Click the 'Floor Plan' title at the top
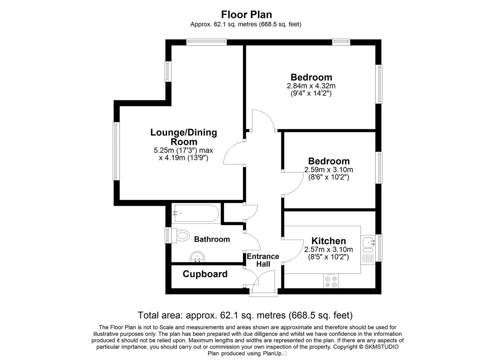[x=247, y=15]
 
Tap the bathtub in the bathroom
[x=196, y=213]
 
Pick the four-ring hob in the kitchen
[x=331, y=281]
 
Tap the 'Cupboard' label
[x=205, y=274]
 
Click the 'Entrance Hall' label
[x=263, y=260]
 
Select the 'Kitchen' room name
[x=328, y=241]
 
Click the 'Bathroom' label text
[x=212, y=239]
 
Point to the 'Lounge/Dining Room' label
[x=184, y=137]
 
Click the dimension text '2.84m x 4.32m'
[x=311, y=86]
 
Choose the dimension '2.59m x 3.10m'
[x=328, y=170]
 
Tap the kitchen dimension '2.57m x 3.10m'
[x=328, y=249]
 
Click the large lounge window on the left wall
[x=116, y=151]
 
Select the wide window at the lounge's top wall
[x=206, y=42]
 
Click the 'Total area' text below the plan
[x=245, y=315]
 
